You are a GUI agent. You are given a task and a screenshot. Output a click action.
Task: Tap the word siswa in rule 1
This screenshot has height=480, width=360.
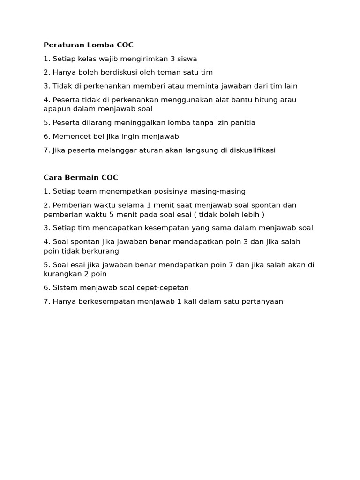(187, 59)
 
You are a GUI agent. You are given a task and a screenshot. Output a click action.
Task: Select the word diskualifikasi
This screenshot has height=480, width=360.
(251, 150)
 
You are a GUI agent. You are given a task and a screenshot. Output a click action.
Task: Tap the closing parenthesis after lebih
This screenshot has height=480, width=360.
(263, 214)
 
